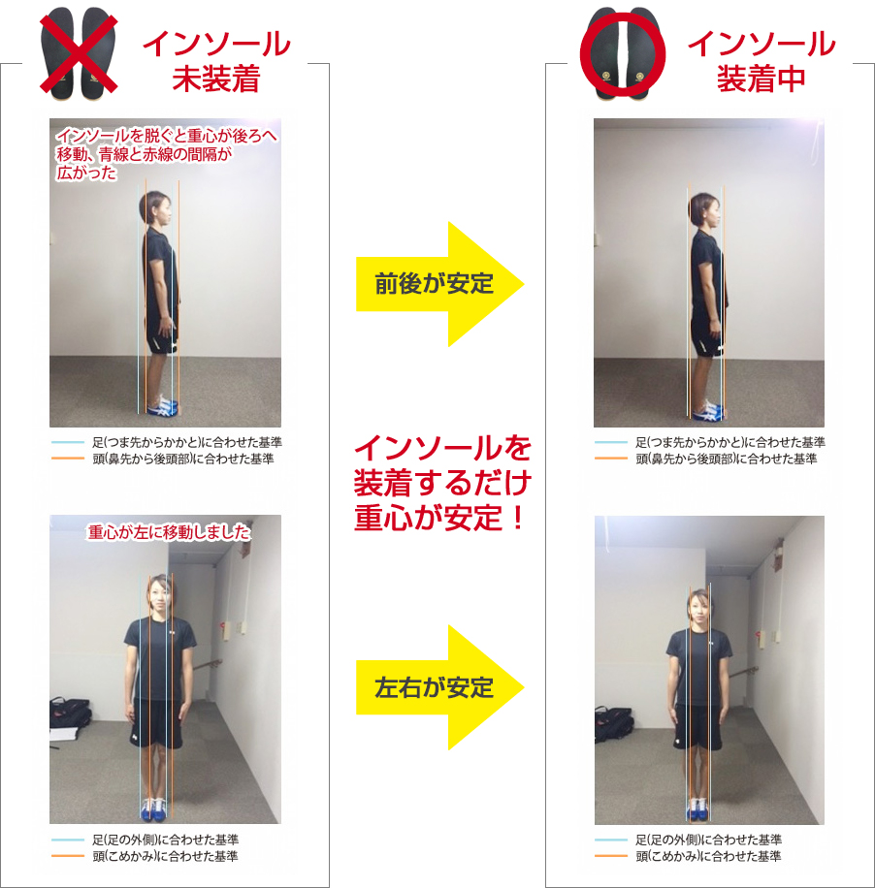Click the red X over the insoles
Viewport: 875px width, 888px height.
(79, 53)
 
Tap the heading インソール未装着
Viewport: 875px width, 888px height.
(216, 61)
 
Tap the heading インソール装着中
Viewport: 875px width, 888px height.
(762, 61)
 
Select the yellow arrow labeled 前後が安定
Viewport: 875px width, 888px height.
(439, 284)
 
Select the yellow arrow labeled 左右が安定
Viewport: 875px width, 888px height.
(439, 687)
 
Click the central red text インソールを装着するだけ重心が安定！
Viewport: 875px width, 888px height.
(442, 483)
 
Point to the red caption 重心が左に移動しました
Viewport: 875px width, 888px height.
(169, 532)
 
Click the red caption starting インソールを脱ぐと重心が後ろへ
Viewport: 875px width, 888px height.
(167, 153)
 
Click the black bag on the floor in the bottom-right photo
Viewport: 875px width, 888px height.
(614, 724)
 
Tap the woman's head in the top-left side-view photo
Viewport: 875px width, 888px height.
(156, 208)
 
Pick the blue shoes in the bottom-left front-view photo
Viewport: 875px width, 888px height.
(154, 809)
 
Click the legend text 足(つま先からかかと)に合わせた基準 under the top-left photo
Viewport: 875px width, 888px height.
(187, 442)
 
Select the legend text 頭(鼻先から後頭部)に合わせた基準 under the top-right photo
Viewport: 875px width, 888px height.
(727, 459)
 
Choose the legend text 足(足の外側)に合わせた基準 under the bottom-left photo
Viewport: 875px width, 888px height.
(166, 840)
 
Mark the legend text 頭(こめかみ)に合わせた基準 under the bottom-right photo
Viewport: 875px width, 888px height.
(708, 856)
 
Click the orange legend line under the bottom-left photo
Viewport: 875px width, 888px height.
(68, 856)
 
